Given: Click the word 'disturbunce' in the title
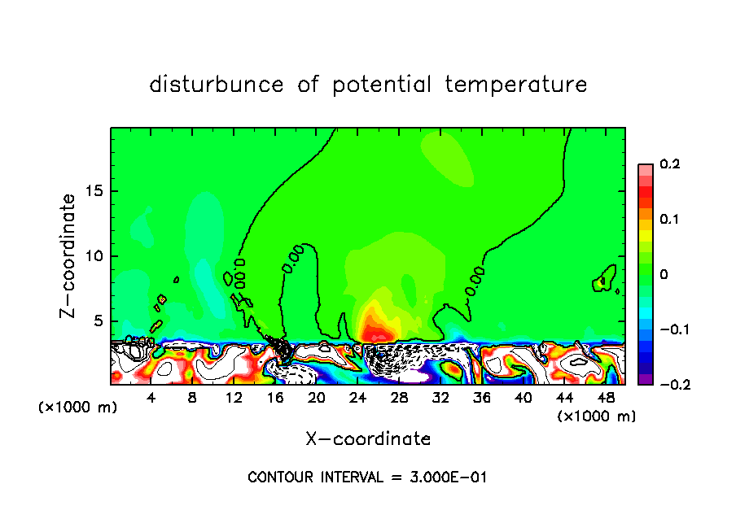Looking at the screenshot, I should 216,85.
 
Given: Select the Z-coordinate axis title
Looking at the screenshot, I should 69,255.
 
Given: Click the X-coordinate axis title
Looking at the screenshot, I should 368,439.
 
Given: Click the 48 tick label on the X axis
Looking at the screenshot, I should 605,397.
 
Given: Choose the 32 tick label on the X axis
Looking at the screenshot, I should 440,397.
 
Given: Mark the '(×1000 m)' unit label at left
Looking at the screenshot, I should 78,408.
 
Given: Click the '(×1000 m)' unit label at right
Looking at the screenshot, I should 597,416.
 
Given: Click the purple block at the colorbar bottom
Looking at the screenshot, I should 645,379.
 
